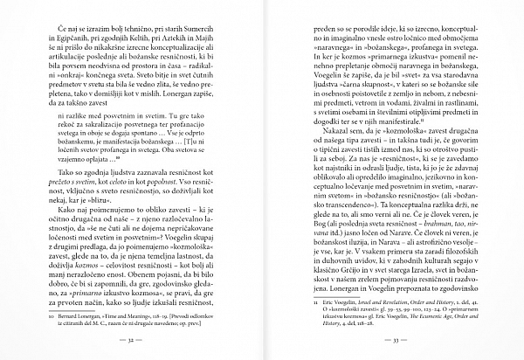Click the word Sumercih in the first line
(x=215, y=29)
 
